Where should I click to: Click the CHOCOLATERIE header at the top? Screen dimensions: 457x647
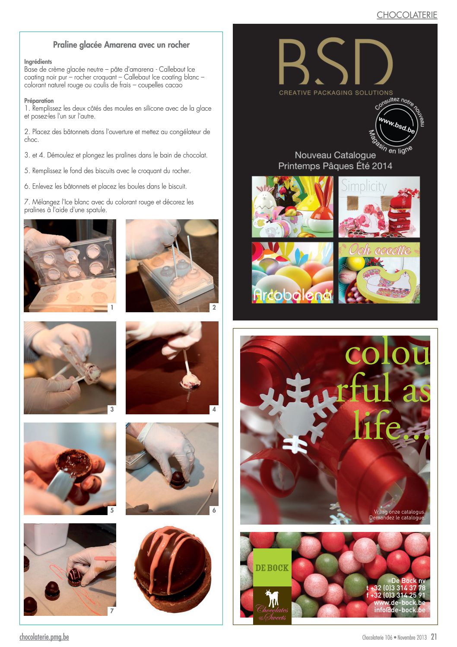407,15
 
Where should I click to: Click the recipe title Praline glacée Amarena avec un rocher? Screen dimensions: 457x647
121,45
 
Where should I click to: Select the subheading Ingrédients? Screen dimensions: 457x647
38,61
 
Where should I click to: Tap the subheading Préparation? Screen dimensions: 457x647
39,101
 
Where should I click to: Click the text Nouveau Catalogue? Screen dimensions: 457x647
335,155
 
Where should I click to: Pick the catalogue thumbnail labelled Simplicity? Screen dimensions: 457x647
379,207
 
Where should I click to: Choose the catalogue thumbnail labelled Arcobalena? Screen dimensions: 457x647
292,272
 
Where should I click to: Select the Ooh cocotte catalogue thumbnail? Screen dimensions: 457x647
379,272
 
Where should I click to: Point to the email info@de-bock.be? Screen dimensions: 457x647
400,610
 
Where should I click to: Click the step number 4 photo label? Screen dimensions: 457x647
214,409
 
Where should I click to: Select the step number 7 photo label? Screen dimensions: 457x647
112,611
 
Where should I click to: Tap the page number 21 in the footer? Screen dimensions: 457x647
434,637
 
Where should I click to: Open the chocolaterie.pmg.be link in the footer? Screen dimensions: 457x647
44,637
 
